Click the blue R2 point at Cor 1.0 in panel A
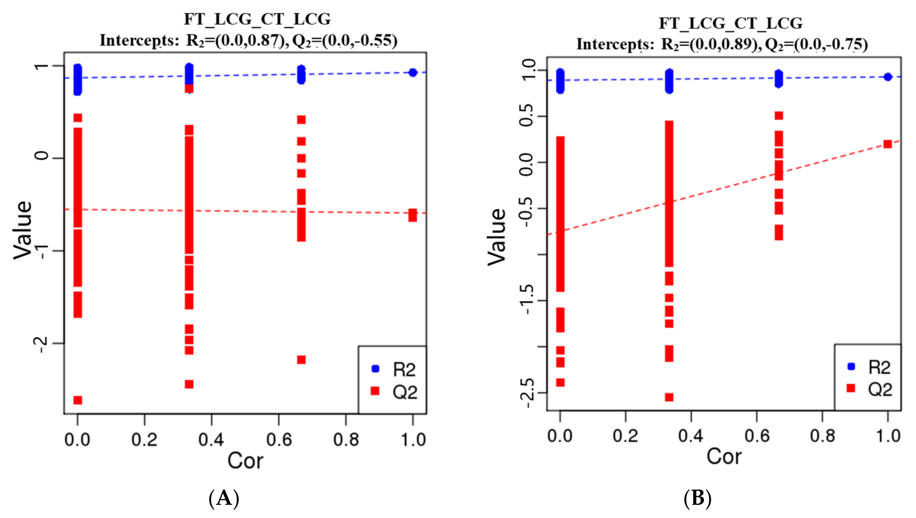pyautogui.click(x=413, y=72)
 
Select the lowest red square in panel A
pyautogui.click(x=78, y=400)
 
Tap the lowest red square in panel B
pyautogui.click(x=669, y=397)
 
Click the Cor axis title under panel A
pyautogui.click(x=245, y=461)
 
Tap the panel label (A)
pyautogui.click(x=224, y=498)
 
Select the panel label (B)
pyautogui.click(x=697, y=498)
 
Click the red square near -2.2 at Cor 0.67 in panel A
pyautogui.click(x=301, y=360)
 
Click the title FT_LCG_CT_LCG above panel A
pyautogui.click(x=257, y=19)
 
